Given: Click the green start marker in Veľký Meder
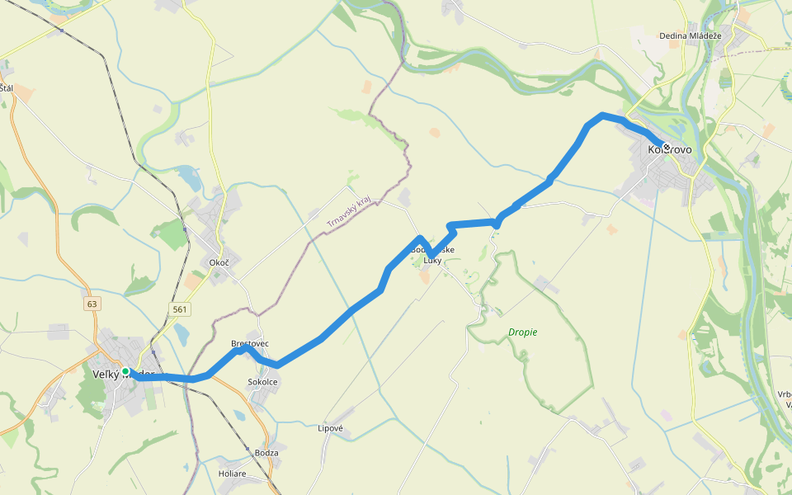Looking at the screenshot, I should tap(125, 372).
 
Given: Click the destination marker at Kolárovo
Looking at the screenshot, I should tap(666, 146).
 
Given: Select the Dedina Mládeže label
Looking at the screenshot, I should tap(691, 36).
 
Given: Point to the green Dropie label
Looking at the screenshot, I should tap(522, 332).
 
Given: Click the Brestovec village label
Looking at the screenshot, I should tap(250, 343).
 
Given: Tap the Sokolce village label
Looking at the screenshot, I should tap(263, 383).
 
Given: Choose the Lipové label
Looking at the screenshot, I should tap(330, 428).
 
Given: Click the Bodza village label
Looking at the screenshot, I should tap(266, 453).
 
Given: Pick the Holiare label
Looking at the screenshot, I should tap(232, 474).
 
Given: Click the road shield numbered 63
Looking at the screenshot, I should tap(92, 304).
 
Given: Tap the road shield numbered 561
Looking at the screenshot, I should tap(180, 309).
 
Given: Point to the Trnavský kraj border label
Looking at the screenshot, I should tap(348, 211).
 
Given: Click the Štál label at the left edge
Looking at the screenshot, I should tap(7, 88).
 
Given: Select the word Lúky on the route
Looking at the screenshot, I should tap(432, 261).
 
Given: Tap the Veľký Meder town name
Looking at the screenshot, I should tap(124, 375).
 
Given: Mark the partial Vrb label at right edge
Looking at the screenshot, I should tap(784, 394).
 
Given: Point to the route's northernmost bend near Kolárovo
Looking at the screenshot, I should tap(603, 115).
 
